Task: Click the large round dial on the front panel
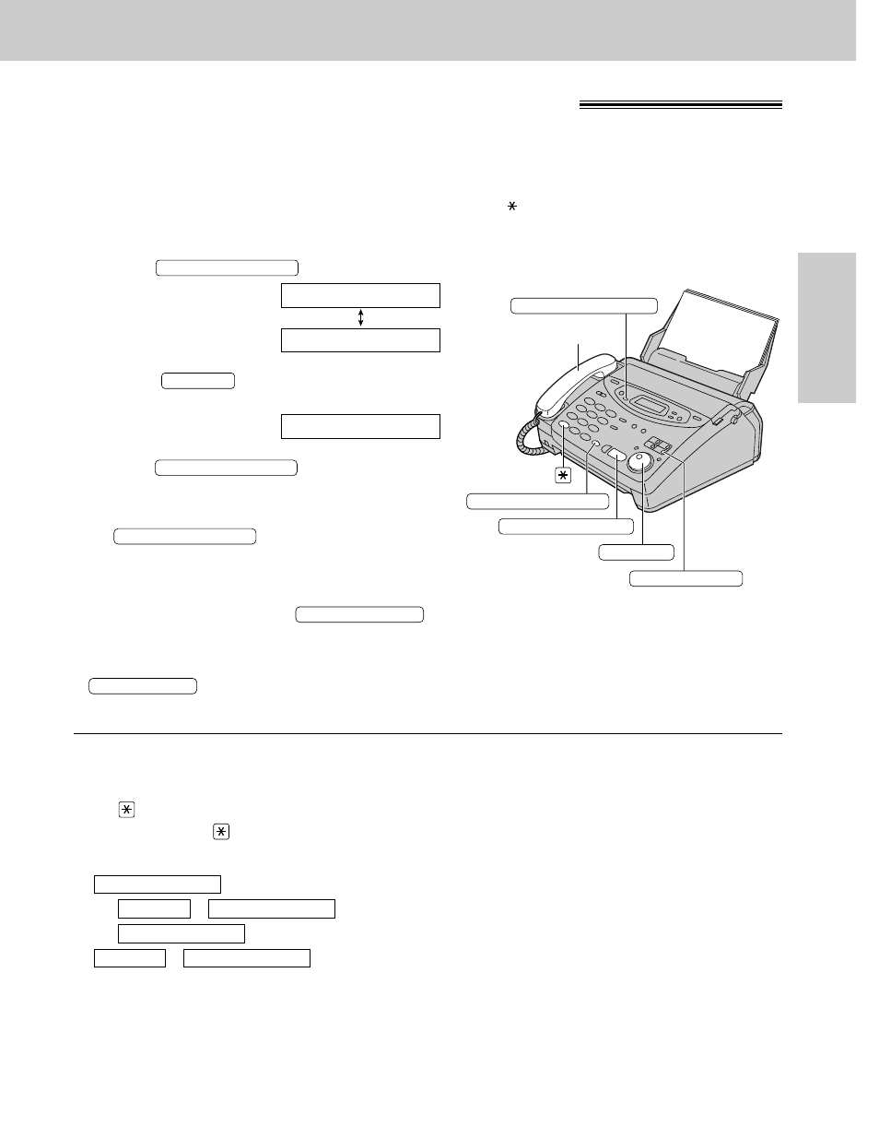[x=642, y=464]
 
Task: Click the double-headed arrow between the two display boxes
[x=360, y=318]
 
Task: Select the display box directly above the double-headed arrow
[x=360, y=295]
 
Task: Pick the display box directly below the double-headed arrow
[x=360, y=340]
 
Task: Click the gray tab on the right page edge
[x=826, y=327]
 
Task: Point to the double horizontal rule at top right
[x=680, y=105]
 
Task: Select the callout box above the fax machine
[x=584, y=306]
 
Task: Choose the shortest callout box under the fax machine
[x=636, y=552]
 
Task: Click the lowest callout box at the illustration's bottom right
[x=686, y=578]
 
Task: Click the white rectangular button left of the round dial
[x=617, y=457]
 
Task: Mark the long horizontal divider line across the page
[x=428, y=734]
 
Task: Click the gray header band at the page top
[x=428, y=30]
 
